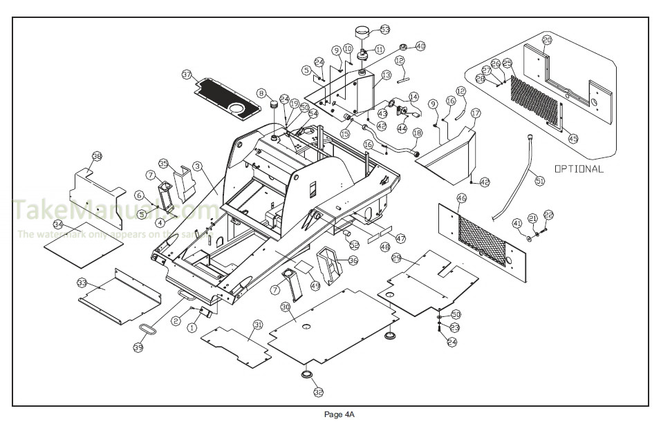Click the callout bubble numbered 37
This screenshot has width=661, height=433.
[187, 74]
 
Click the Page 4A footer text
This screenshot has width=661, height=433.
[339, 414]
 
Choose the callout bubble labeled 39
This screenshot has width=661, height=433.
[138, 347]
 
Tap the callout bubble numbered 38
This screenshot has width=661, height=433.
[97, 157]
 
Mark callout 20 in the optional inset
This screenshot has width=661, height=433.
[547, 40]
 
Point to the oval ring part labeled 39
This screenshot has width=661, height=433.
[148, 327]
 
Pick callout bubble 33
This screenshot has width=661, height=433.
[82, 283]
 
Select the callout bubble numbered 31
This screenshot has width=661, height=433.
[257, 325]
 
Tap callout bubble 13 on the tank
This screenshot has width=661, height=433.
[386, 75]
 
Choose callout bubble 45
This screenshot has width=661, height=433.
[573, 138]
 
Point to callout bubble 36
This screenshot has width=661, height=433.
[353, 260]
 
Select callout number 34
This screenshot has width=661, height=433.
[58, 225]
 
